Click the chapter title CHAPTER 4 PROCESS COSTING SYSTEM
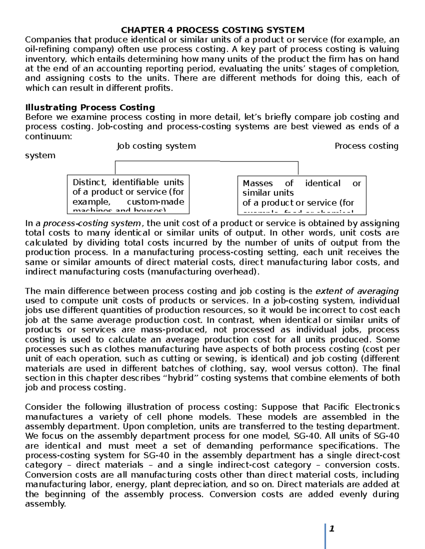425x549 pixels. (x=212, y=30)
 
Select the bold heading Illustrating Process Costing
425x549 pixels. (x=90, y=107)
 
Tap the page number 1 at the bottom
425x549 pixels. (x=332, y=529)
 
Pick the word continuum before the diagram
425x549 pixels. (x=48, y=136)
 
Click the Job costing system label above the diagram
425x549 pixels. (x=156, y=146)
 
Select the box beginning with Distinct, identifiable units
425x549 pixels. (x=128, y=194)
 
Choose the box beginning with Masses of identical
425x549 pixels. (x=301, y=195)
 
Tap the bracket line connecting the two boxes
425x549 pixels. (x=206, y=161)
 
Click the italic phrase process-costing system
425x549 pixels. (x=92, y=223)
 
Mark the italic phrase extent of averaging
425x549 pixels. (x=357, y=291)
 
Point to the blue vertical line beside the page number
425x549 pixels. (x=325, y=536)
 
